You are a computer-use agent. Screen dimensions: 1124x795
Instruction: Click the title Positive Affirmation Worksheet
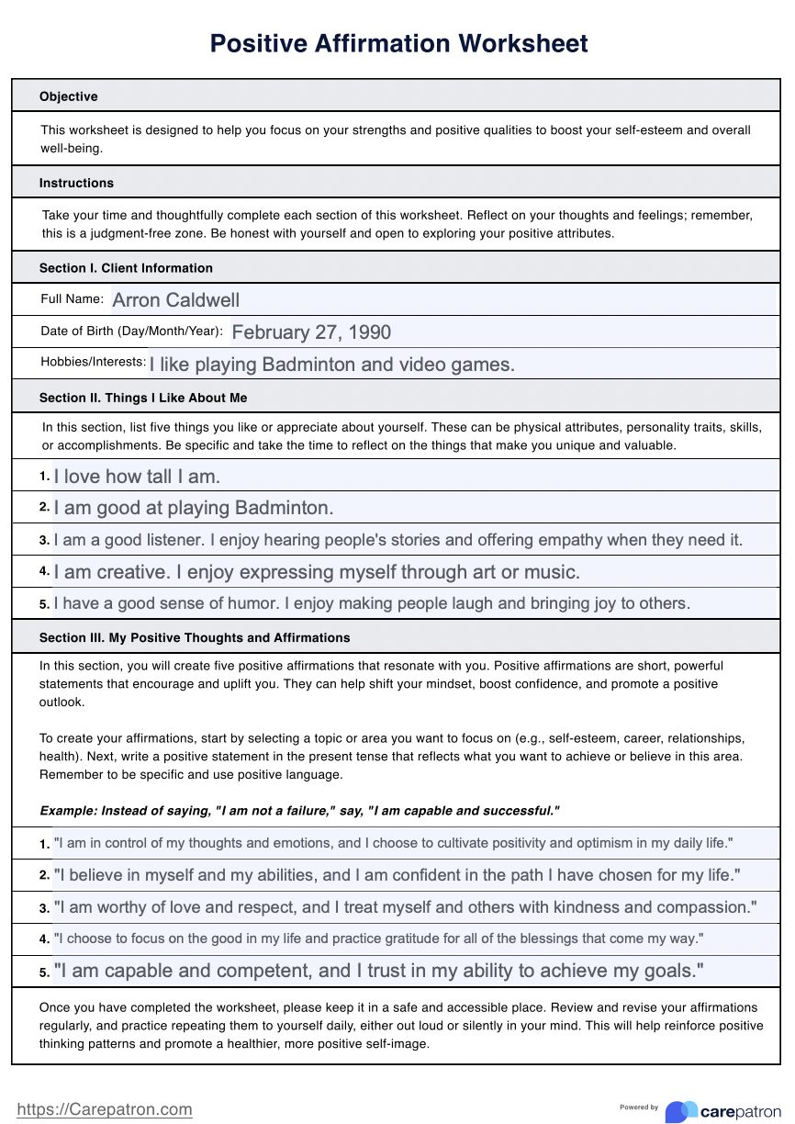coord(398,43)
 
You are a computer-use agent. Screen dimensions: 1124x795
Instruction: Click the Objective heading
coord(68,96)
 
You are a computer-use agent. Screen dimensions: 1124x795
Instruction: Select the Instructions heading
coord(76,183)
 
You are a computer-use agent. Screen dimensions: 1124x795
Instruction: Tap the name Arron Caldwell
coord(175,300)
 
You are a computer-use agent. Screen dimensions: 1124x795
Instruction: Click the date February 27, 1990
coord(311,332)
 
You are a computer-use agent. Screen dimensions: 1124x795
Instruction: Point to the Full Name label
coord(72,298)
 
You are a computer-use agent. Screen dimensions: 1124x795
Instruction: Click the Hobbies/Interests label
coord(93,362)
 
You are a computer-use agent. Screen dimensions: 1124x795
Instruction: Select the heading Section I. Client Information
coord(126,268)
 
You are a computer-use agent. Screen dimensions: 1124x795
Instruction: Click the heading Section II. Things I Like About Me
coord(142,398)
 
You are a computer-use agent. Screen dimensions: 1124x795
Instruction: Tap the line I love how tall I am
coord(137,477)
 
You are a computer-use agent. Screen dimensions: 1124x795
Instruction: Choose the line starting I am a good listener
coord(397,540)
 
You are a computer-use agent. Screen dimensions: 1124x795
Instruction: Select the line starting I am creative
coord(317,572)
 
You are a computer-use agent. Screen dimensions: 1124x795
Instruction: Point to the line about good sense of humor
coord(371,603)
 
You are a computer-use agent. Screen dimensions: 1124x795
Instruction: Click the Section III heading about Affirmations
coord(194,637)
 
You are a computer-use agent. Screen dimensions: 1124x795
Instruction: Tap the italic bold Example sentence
coord(299,811)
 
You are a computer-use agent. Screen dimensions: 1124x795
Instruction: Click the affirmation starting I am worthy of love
coord(405,907)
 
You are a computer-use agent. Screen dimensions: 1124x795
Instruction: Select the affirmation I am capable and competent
coord(379,971)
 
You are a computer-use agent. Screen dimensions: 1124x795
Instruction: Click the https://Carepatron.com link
coord(105,1109)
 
